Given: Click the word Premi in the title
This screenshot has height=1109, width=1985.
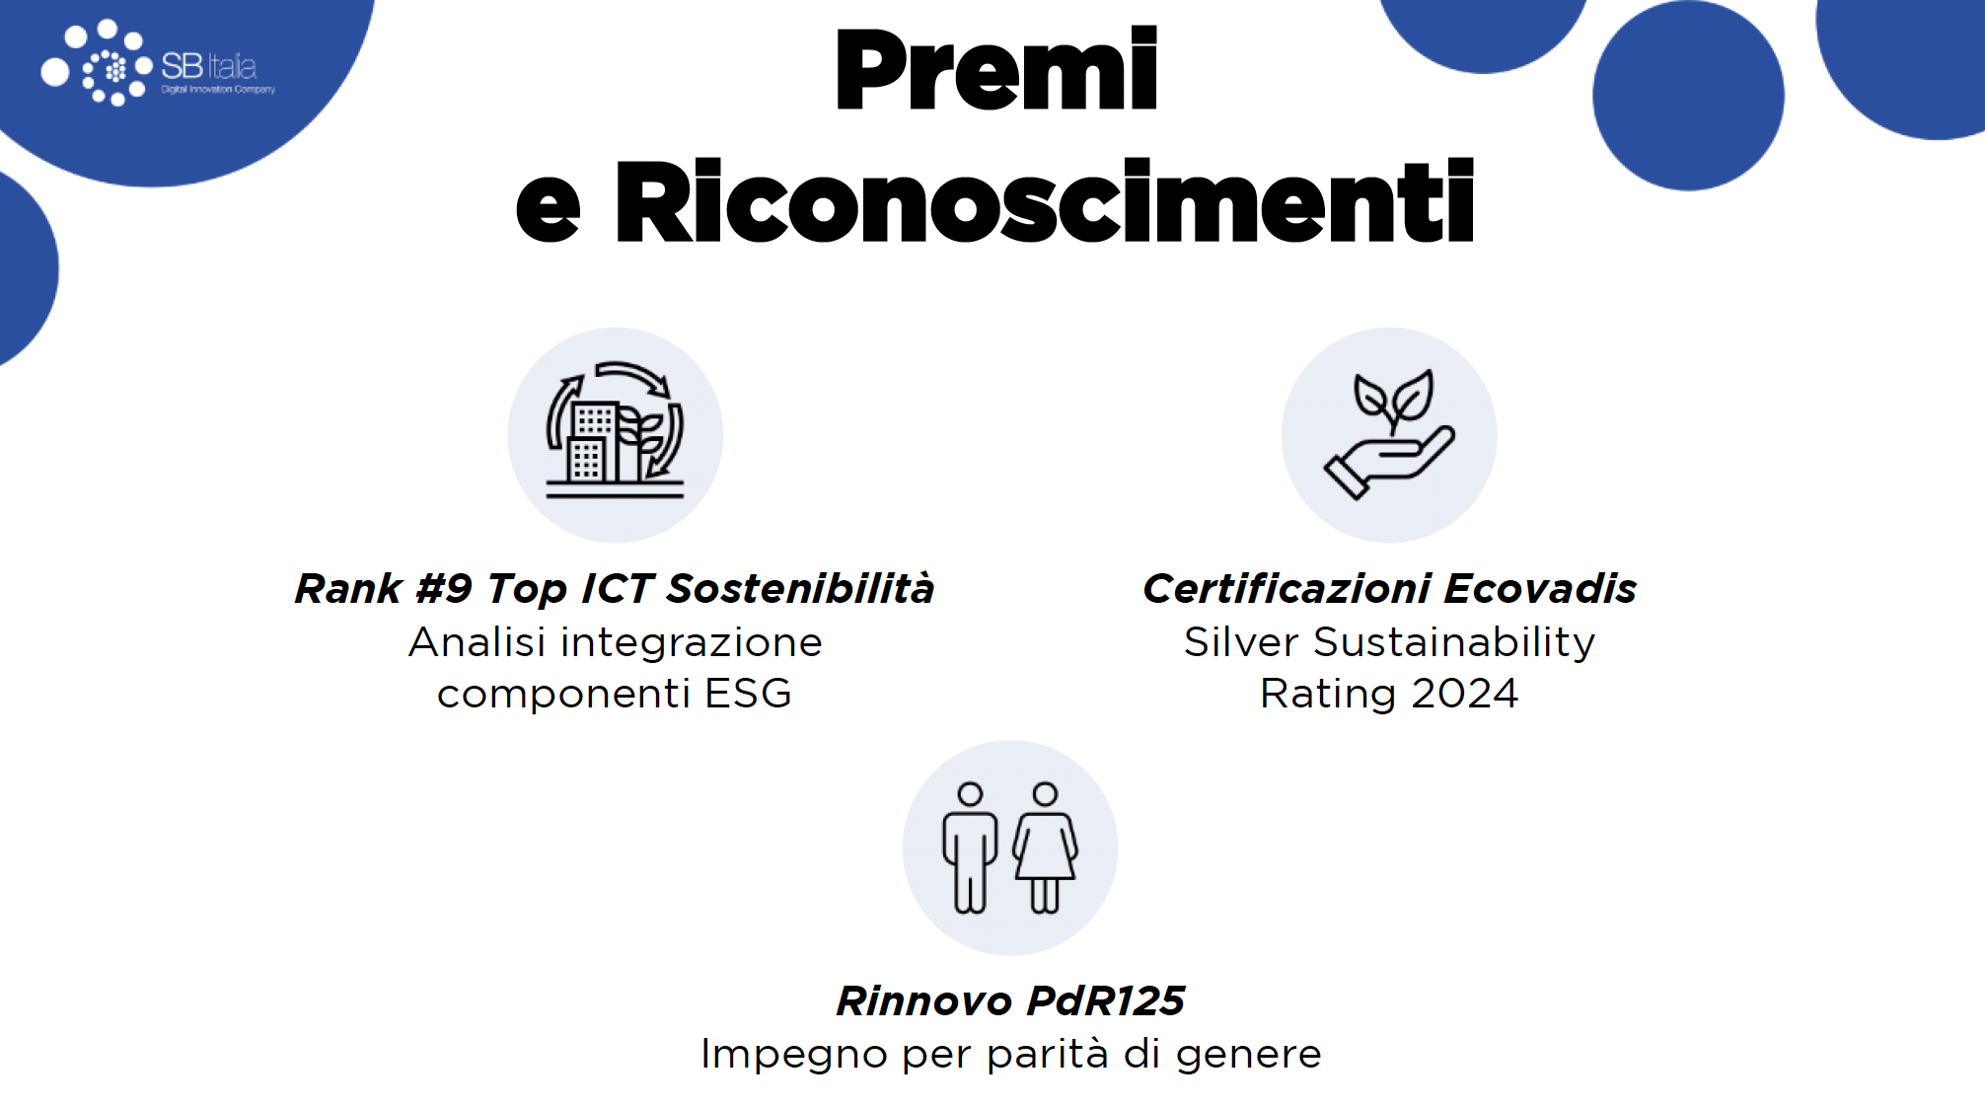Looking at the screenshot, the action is (x=996, y=68).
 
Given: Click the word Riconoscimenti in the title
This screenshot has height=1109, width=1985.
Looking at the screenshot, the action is (x=1045, y=201).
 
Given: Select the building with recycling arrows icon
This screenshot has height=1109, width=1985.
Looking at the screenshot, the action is (x=616, y=430).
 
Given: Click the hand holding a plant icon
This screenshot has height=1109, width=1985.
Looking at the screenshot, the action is (x=1389, y=434).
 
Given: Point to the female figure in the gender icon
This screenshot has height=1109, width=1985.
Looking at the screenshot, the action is (x=1045, y=848).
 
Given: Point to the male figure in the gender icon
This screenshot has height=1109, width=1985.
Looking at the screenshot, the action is (x=970, y=848).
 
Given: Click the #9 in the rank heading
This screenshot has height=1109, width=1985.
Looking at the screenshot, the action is (x=444, y=589).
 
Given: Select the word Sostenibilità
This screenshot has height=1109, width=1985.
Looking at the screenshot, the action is (x=800, y=589).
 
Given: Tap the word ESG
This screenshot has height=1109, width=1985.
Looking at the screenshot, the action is (x=748, y=694).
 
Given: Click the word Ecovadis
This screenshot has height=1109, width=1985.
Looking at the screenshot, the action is (x=1541, y=589).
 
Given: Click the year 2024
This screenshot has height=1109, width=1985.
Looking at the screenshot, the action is (x=1465, y=694).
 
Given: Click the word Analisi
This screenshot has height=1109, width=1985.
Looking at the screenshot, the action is (x=477, y=642).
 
